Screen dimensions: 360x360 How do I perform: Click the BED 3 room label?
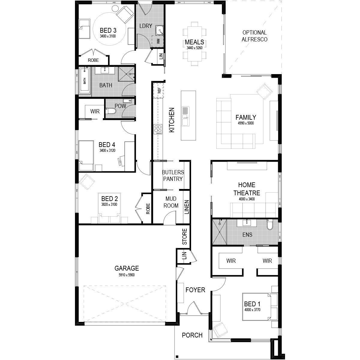point(108,30)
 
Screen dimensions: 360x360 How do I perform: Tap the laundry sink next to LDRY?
point(159,31)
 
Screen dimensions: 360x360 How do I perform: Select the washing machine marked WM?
point(158,41)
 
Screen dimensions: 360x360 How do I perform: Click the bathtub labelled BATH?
point(85,81)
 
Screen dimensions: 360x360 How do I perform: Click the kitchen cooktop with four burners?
point(158,129)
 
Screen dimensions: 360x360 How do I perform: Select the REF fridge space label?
point(159,91)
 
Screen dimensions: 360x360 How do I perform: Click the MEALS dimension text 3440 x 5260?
point(194,48)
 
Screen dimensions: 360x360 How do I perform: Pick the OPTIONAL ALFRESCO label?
point(254,36)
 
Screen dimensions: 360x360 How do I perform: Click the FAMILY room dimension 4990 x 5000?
point(246,123)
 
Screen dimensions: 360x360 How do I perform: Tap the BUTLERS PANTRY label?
point(173,175)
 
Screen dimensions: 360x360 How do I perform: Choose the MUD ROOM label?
point(171,202)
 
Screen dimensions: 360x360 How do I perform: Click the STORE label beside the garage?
point(184,236)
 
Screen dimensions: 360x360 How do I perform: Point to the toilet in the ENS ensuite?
point(270,224)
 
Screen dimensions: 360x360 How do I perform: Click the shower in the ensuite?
point(220,232)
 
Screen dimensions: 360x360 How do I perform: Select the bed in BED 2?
point(109,208)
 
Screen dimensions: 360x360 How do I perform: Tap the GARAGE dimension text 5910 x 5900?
point(127,275)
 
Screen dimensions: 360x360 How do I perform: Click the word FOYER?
point(195,290)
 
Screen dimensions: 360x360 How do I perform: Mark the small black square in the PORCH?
point(177,356)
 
